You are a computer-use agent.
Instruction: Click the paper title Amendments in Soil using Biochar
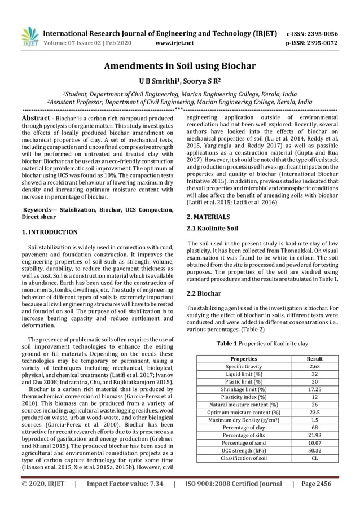179,66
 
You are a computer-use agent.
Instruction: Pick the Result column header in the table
314,358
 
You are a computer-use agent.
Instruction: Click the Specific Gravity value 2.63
314,366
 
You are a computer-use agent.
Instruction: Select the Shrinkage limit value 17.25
314,389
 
